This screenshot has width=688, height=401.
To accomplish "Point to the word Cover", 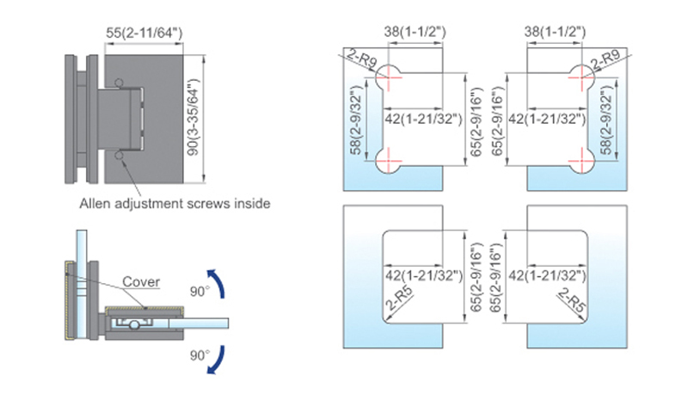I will coord(139,281).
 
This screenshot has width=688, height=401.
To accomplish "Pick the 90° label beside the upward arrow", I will coord(200,292).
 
